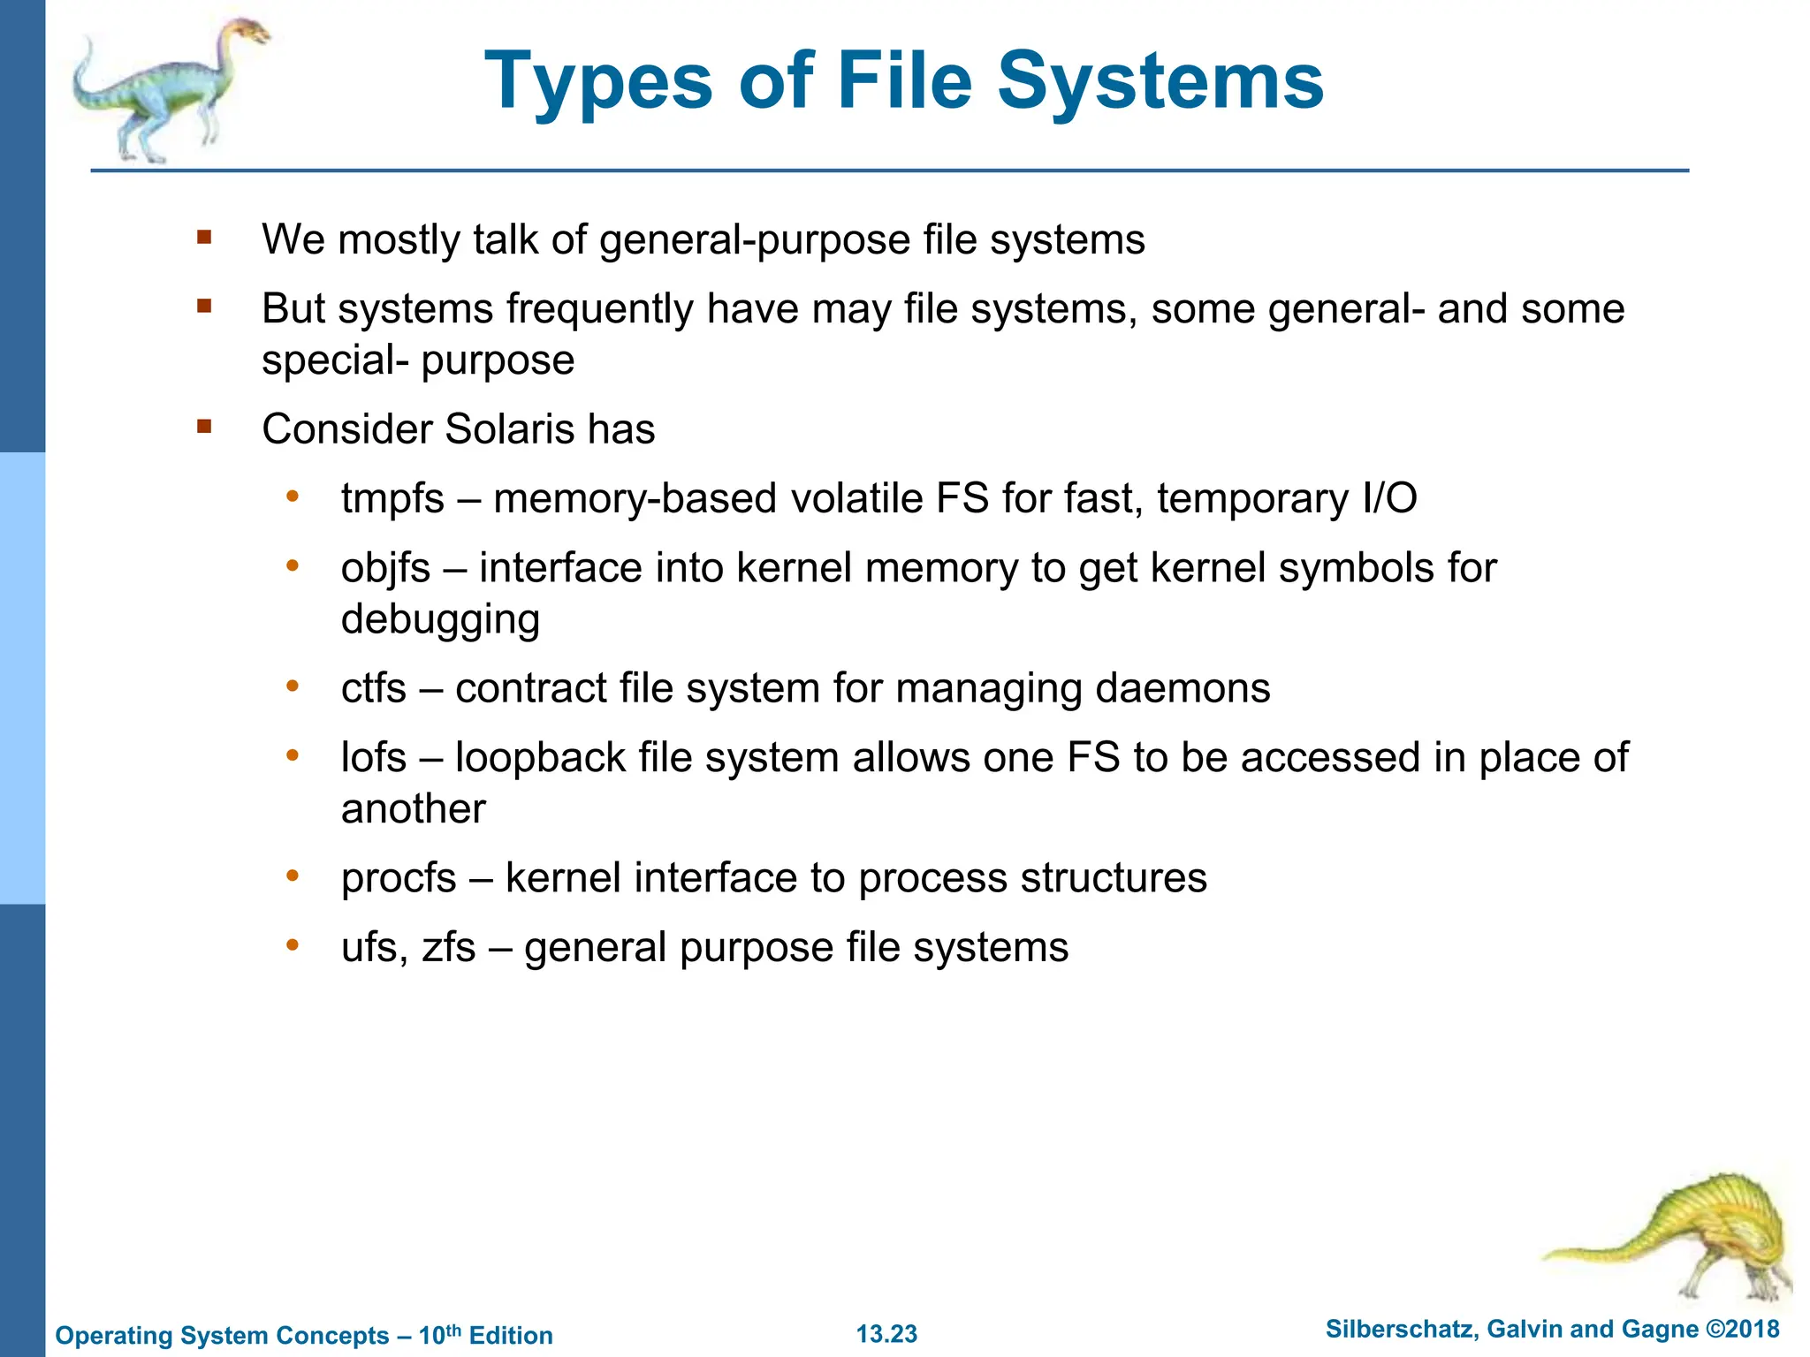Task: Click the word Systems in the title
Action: [1160, 82]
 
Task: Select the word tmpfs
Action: [392, 498]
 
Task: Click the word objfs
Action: [385, 568]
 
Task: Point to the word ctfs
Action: [374, 688]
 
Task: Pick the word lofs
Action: [374, 757]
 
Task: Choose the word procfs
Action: [399, 878]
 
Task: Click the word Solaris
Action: [508, 429]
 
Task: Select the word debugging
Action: [440, 619]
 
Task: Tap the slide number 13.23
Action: [886, 1334]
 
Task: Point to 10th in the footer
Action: [439, 1334]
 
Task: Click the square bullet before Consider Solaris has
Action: [205, 428]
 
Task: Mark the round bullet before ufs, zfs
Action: [293, 944]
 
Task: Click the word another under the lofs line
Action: [413, 809]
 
